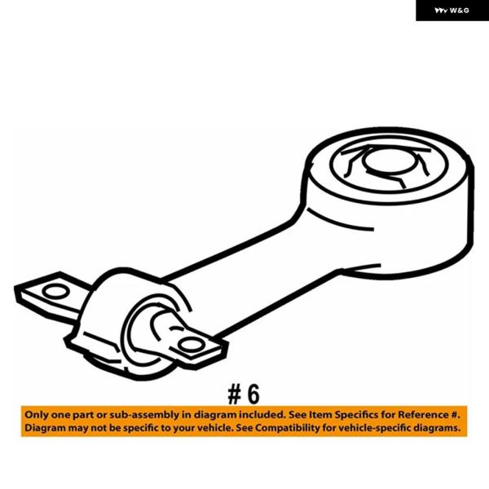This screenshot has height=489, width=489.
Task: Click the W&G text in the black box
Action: [460, 11]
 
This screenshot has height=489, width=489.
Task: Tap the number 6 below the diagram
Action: [253, 394]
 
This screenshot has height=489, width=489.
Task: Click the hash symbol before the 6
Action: [235, 394]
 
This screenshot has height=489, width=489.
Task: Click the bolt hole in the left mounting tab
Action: [55, 292]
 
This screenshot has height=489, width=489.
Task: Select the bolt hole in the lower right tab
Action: [191, 345]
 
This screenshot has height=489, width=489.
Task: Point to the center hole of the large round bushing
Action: [390, 161]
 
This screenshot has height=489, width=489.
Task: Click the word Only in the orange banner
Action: [36, 415]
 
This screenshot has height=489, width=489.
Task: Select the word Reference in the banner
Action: [424, 415]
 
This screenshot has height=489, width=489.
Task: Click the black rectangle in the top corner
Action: [452, 11]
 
